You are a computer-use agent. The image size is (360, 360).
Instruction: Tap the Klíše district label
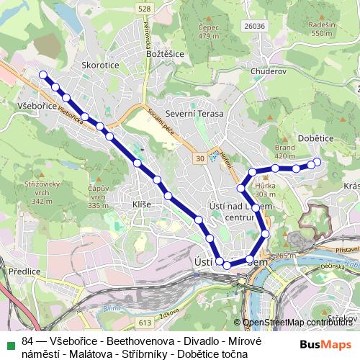click(142, 204)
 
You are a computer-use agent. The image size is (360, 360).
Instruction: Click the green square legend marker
click(9, 342)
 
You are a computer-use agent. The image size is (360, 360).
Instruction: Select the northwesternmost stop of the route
click(42, 74)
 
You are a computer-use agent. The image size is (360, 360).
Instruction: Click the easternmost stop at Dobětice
click(317, 162)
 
